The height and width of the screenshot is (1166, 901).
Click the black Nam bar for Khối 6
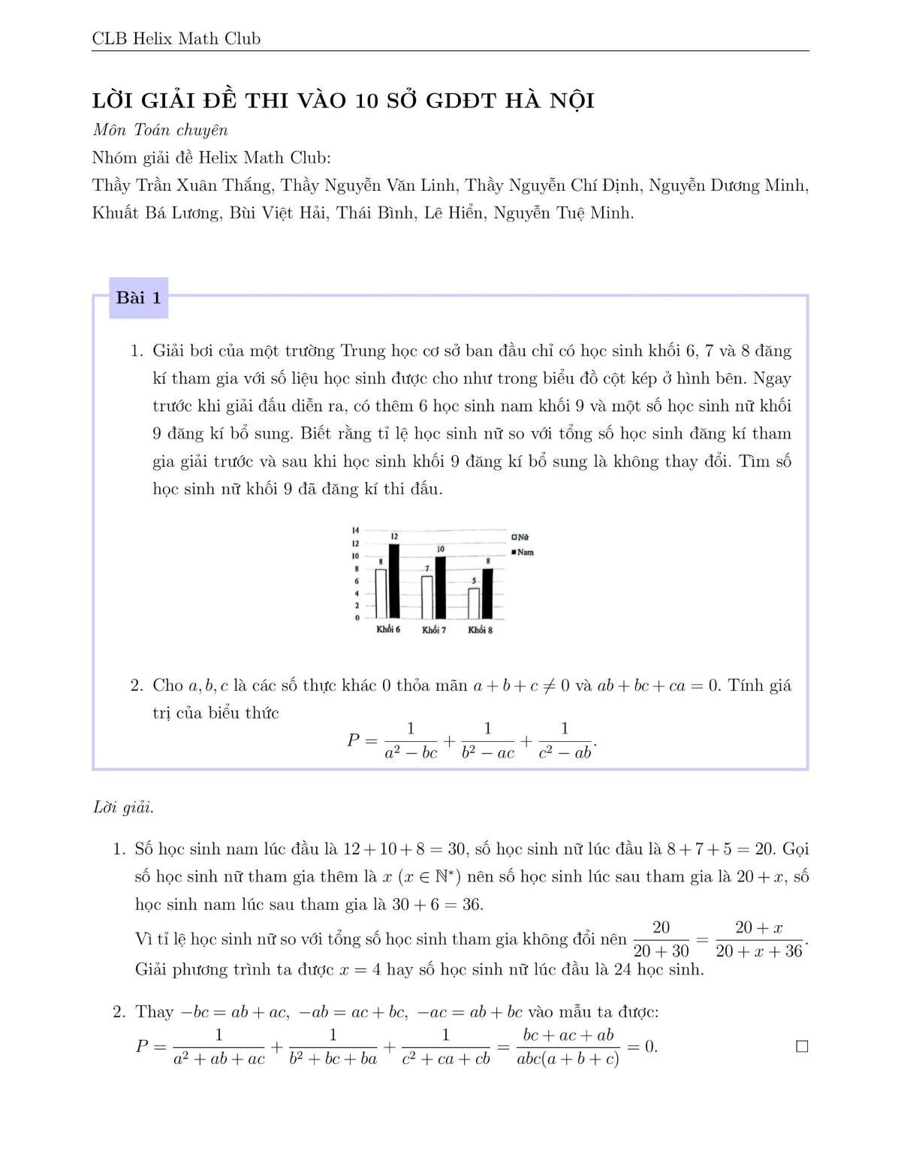click(x=394, y=580)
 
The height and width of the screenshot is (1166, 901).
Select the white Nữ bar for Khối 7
click(x=426, y=597)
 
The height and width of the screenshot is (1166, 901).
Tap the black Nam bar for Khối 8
click(x=487, y=592)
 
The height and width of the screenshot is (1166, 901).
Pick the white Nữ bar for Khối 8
click(x=473, y=602)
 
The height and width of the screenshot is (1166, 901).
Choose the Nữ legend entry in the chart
click(x=520, y=537)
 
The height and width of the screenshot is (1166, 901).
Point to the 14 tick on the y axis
click(x=355, y=530)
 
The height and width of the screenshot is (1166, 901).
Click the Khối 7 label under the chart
click(x=434, y=630)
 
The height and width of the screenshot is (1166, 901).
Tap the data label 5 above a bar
click(x=473, y=580)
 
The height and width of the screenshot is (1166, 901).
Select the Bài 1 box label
click(x=139, y=298)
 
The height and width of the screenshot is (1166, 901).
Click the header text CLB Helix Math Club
click(x=176, y=38)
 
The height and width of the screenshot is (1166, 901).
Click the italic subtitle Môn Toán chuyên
click(x=160, y=130)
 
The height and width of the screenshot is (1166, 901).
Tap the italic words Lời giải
click(x=123, y=808)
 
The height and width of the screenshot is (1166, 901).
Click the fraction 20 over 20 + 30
click(x=661, y=939)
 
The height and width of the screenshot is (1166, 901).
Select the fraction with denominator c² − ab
click(x=565, y=740)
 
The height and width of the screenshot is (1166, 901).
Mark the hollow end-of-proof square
click(x=802, y=1047)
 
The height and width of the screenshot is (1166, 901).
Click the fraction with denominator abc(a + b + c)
click(x=568, y=1047)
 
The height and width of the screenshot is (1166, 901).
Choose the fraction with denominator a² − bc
click(x=411, y=740)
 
